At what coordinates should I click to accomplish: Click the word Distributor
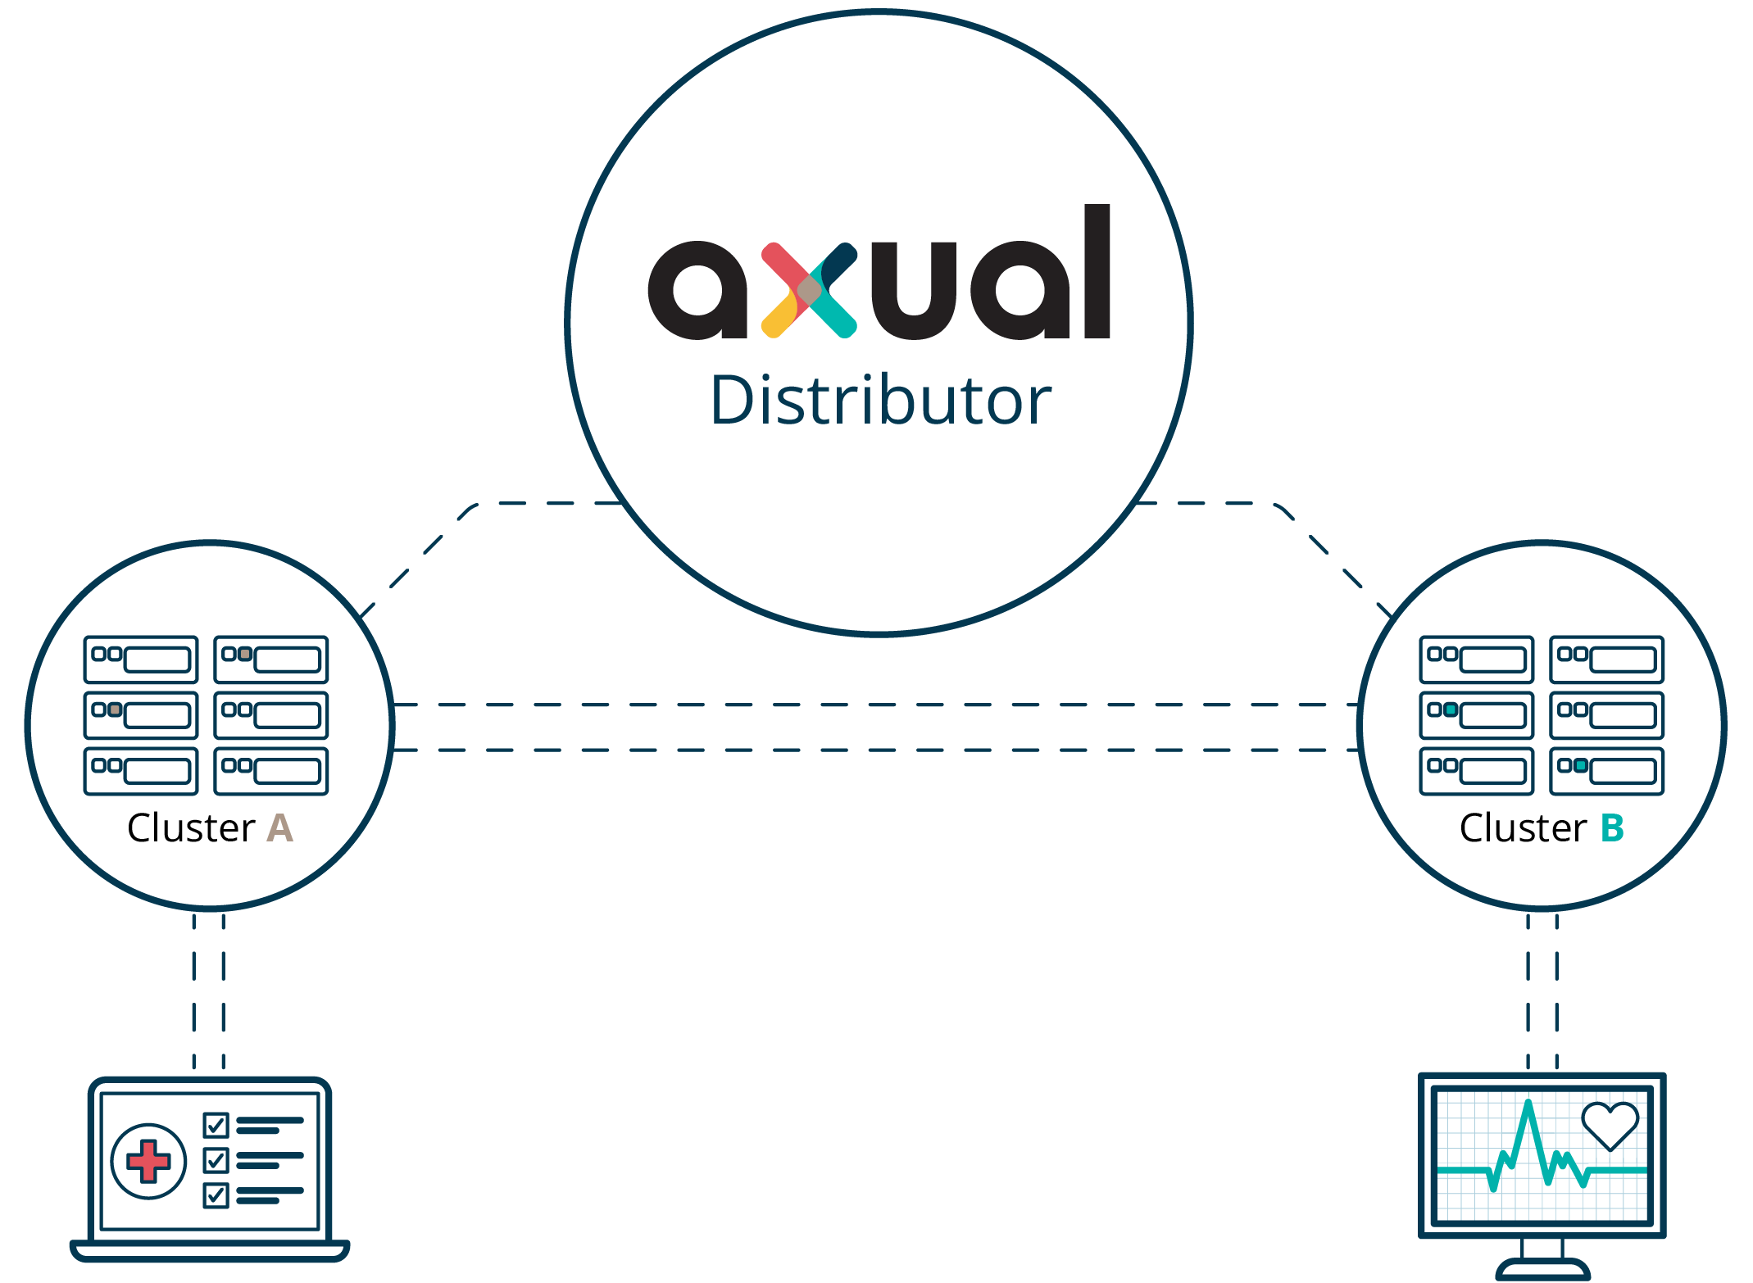(x=880, y=401)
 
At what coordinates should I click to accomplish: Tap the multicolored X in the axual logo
(x=809, y=290)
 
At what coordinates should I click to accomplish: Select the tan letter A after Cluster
(x=279, y=828)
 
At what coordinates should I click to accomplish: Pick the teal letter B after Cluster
(x=1612, y=828)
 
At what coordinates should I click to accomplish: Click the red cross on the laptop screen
(x=148, y=1161)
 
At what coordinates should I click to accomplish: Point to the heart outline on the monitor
(x=1610, y=1125)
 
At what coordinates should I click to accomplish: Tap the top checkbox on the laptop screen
(x=216, y=1125)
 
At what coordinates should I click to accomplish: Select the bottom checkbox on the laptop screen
(x=216, y=1195)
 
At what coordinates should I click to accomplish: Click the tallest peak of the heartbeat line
(x=1528, y=1106)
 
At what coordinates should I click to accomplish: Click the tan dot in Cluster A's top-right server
(x=245, y=654)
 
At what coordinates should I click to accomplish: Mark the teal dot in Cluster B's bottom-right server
(x=1581, y=766)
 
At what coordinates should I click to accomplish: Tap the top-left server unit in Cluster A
(x=141, y=660)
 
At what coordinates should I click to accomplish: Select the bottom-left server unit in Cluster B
(x=1476, y=771)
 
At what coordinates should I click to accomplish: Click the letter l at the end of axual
(x=1097, y=272)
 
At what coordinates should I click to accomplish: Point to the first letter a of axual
(x=697, y=290)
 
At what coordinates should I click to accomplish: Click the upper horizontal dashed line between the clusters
(x=875, y=705)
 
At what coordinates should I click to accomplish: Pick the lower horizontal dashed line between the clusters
(x=875, y=750)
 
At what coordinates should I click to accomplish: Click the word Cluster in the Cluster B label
(x=1524, y=828)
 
